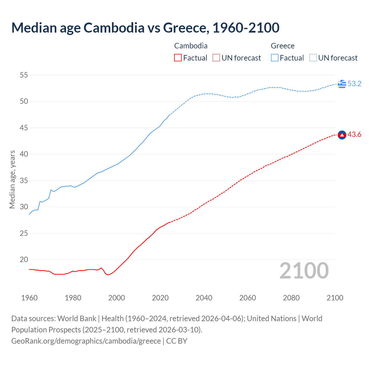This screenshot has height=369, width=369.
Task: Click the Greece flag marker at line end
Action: point(342,84)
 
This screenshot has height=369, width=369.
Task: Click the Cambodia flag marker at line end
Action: point(342,135)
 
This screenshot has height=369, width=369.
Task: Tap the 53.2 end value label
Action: point(354,84)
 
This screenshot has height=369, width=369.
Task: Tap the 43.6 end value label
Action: point(354,135)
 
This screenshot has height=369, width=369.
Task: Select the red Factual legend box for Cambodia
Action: point(178,58)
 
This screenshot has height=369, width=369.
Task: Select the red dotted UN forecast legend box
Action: point(216,58)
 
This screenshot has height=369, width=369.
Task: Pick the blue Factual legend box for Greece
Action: point(275,58)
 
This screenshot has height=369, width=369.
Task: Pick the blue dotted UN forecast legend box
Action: point(313,58)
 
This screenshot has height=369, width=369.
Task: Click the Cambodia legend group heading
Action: point(191,46)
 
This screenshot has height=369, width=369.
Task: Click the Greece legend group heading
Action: point(283,46)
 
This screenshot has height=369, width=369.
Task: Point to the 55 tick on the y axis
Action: point(24,75)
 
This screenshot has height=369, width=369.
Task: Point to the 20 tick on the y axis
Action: point(24,260)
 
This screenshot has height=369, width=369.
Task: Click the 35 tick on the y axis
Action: point(24,181)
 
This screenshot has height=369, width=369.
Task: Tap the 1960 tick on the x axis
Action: point(29,298)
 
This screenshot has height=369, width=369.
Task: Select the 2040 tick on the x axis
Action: point(204,298)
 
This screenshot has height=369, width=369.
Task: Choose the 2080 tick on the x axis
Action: point(291,298)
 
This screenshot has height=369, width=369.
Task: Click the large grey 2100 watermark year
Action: point(304,271)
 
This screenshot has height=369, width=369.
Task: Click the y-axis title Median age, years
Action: point(12,179)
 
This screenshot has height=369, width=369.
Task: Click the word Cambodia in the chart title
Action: point(114,28)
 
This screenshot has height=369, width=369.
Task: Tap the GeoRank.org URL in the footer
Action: point(86,341)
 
